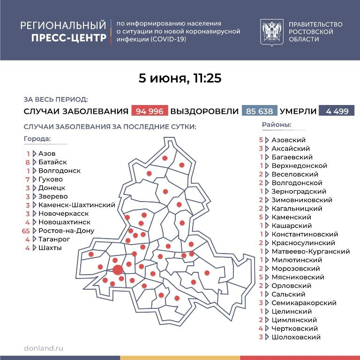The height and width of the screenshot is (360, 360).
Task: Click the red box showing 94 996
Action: (x=150, y=111)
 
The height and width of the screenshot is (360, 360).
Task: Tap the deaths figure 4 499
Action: (x=336, y=111)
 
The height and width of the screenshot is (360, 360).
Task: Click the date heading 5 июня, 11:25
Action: (x=180, y=78)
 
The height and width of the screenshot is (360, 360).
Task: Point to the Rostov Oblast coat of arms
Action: (x=270, y=31)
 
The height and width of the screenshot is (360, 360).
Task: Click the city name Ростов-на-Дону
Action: (x=66, y=231)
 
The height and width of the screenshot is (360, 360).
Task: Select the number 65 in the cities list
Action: (x=26, y=231)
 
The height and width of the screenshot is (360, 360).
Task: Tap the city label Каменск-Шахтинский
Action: (x=77, y=205)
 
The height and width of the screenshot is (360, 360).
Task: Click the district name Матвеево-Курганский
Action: (x=310, y=251)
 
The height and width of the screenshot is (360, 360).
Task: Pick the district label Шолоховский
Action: (x=296, y=337)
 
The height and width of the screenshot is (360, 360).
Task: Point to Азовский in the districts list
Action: (x=288, y=140)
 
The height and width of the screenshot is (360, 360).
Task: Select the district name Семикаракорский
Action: (x=304, y=303)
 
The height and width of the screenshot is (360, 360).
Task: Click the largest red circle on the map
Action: (x=118, y=269)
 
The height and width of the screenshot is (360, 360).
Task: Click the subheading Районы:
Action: (x=277, y=125)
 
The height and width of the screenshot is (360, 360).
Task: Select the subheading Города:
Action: (x=37, y=139)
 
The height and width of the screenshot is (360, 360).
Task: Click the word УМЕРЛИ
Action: (x=298, y=111)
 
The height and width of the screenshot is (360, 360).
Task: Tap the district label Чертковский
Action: (x=294, y=329)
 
